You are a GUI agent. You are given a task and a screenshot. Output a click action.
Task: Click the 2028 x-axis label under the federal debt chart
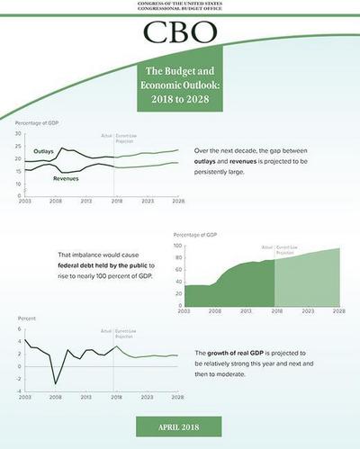[x=338, y=310]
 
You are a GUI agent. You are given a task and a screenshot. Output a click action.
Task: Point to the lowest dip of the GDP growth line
[x=56, y=384]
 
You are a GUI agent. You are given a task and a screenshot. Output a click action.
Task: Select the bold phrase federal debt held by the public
[x=106, y=267]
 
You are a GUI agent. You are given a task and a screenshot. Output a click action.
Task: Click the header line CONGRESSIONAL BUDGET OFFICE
[x=180, y=9]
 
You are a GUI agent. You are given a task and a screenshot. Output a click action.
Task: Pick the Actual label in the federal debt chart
[x=266, y=246]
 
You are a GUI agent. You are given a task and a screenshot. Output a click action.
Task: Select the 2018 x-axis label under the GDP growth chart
[x=115, y=398]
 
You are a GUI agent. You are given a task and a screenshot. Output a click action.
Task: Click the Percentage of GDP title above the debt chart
[x=199, y=234]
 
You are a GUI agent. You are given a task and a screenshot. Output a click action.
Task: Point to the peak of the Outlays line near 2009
[x=62, y=146]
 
